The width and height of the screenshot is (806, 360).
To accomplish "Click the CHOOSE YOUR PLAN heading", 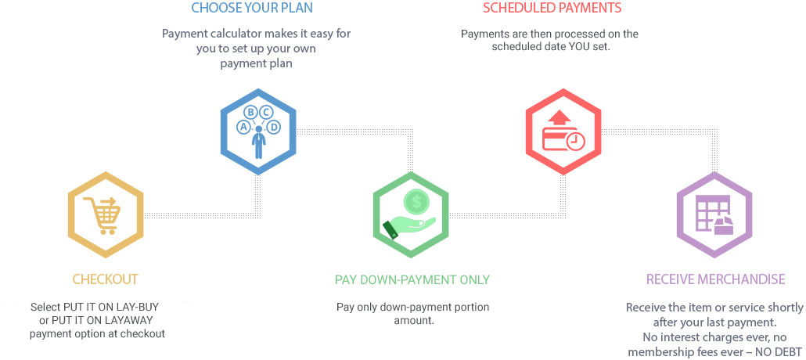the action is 252,8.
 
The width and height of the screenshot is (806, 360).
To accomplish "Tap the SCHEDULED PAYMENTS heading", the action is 552,8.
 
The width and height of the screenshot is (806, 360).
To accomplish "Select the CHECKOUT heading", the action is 106,279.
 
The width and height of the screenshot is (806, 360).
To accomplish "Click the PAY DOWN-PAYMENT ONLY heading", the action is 412,279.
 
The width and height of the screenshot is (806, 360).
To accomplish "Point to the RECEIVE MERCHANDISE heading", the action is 715,279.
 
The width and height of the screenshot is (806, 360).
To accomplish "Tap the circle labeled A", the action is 243,127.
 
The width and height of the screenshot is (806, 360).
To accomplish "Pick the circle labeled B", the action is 251,112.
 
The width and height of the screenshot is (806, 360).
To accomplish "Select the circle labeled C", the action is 266,112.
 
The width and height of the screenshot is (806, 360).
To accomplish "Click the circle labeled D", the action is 274,127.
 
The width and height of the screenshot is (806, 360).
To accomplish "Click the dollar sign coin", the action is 416,202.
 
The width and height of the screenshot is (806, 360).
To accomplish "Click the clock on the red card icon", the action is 576,141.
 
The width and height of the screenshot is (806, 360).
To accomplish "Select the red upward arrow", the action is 560,117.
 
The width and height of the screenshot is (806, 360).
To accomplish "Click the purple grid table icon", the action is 714,215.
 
